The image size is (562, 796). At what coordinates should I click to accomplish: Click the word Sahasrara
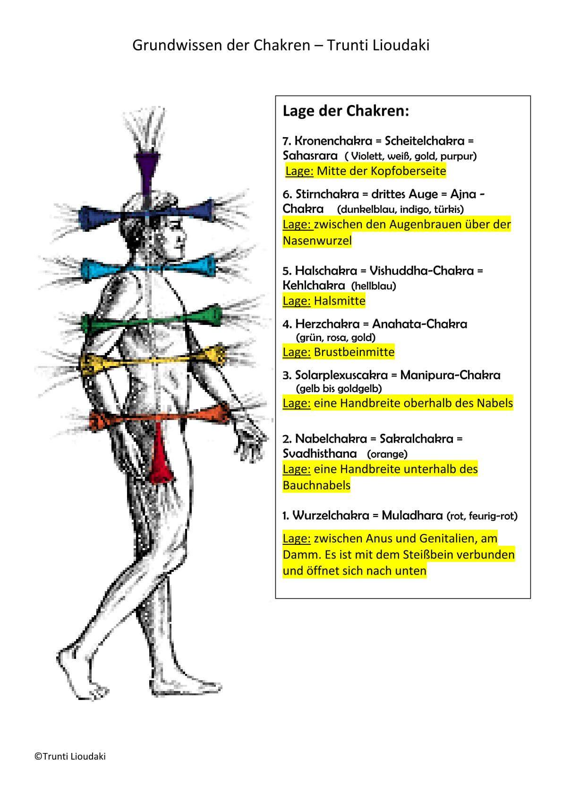[310, 156]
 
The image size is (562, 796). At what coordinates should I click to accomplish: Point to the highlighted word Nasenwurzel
[317, 240]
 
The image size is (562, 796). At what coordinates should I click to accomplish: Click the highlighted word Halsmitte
[339, 301]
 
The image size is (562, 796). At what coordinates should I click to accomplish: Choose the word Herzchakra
[327, 324]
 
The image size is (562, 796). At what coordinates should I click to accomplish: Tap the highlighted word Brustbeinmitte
[354, 352]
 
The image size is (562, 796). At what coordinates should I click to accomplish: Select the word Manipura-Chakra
[450, 375]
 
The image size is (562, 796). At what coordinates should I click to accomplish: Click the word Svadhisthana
[320, 454]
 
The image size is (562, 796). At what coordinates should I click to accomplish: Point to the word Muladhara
[412, 515]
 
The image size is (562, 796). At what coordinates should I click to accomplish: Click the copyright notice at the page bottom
[70, 756]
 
